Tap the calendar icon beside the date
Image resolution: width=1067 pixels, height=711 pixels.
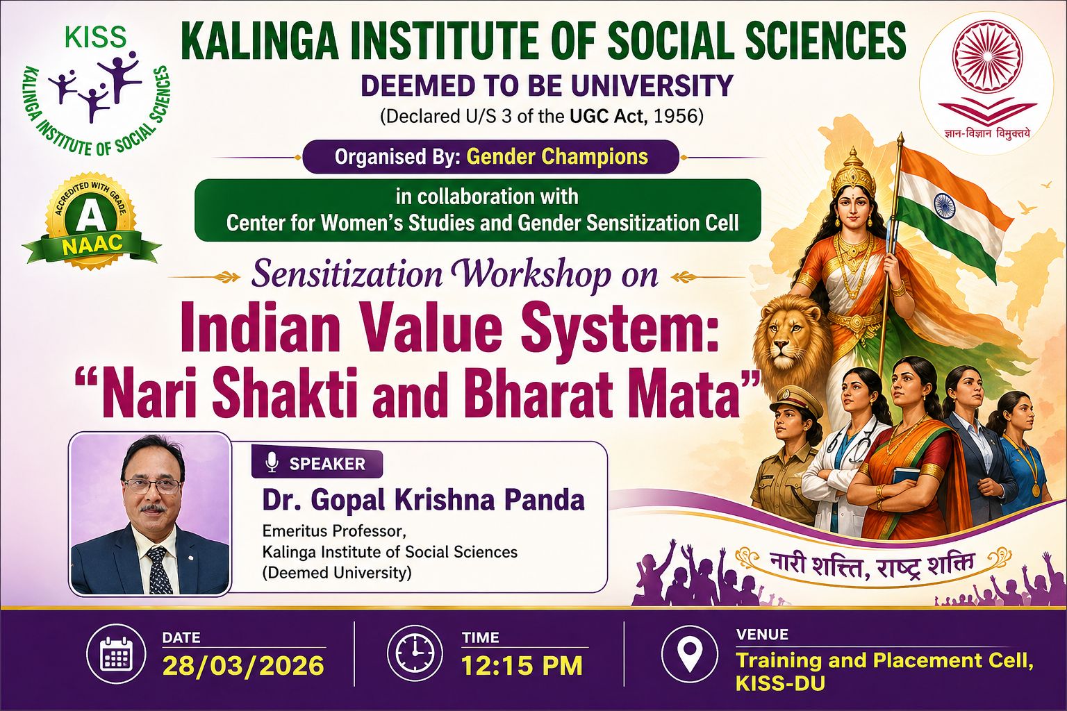[116, 653]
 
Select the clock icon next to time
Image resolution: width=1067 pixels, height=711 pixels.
[415, 653]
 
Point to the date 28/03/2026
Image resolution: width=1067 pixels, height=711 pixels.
[243, 665]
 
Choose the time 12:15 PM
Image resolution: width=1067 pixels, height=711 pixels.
[522, 665]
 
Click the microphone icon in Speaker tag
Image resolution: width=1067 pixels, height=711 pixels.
[272, 462]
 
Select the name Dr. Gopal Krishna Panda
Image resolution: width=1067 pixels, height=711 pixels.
[424, 500]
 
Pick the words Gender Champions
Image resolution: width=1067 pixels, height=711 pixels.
[557, 157]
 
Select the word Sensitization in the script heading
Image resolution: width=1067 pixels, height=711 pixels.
[347, 275]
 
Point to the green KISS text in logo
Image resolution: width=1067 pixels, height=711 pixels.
[96, 37]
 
